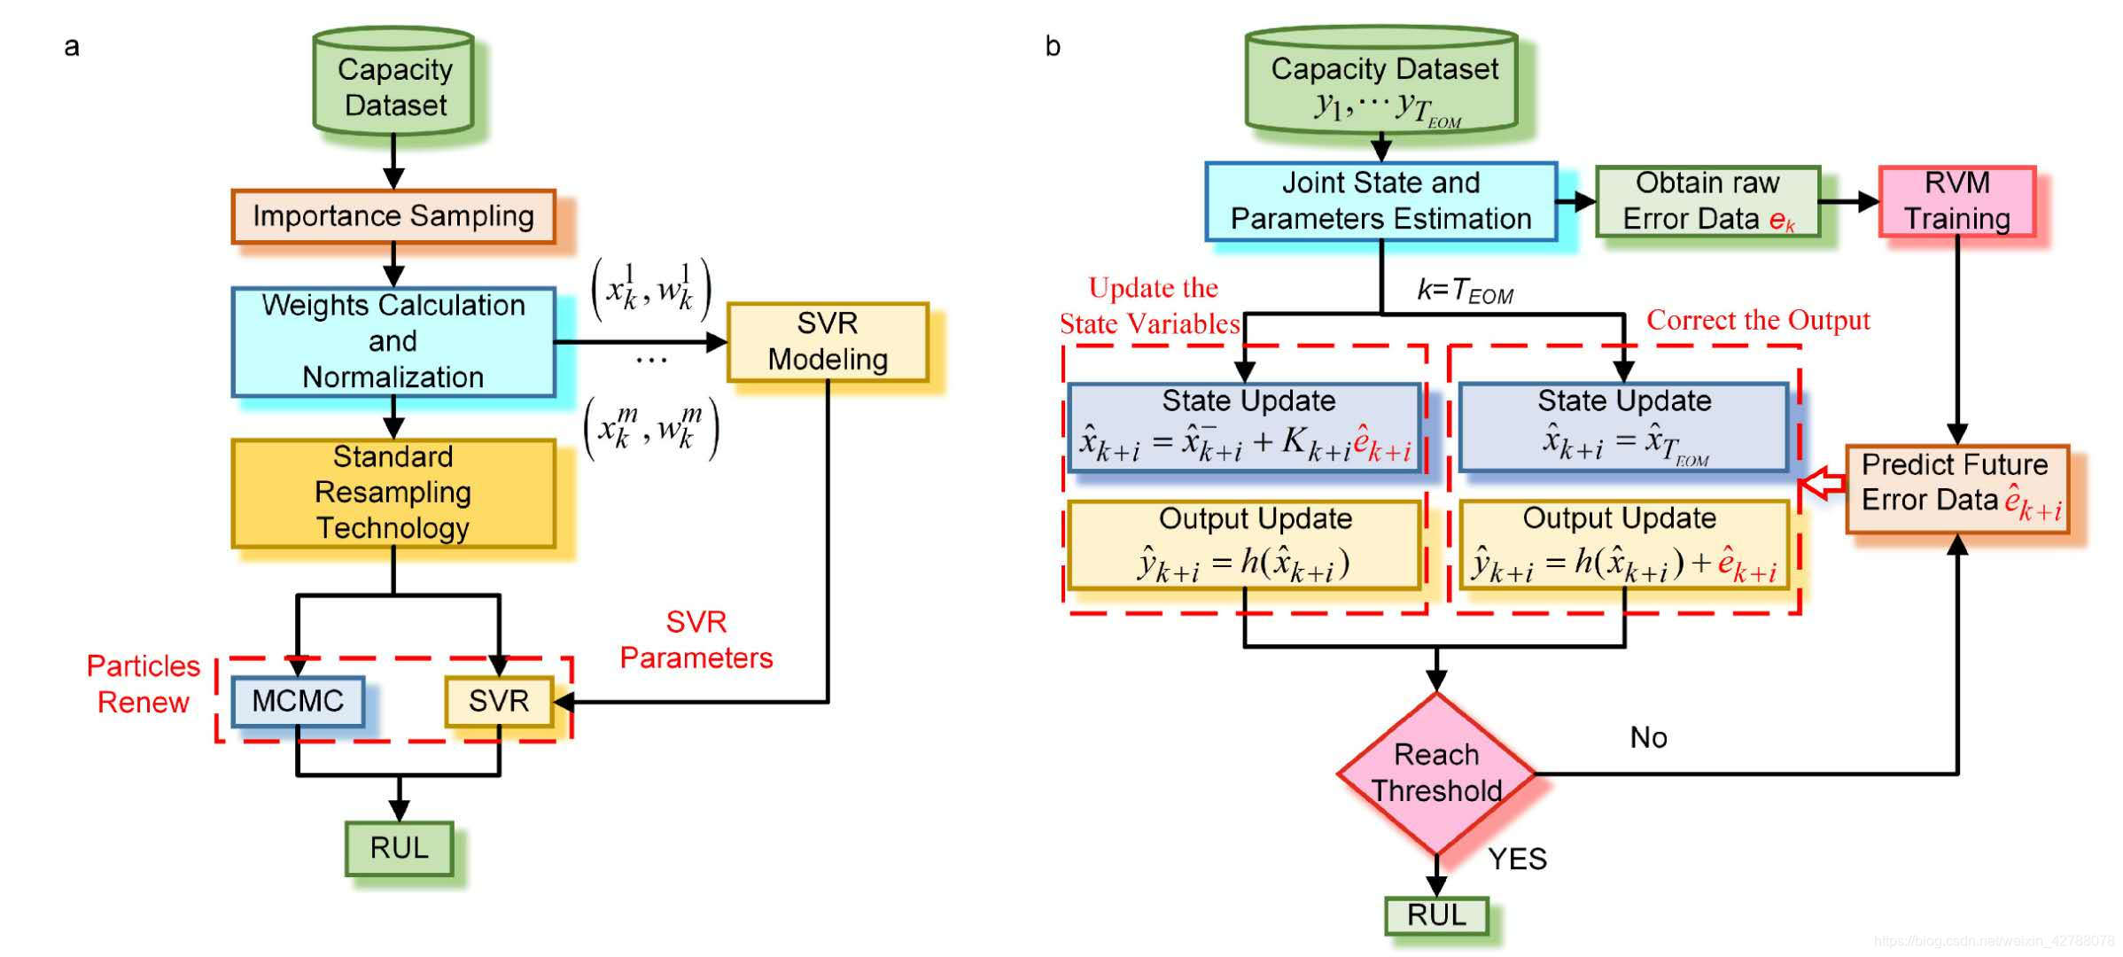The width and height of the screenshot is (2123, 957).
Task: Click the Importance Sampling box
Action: tap(393, 216)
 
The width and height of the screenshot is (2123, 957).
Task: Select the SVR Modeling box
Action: tap(828, 342)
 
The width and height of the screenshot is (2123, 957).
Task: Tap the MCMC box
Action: tap(298, 701)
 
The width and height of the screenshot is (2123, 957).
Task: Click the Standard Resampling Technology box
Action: tap(393, 493)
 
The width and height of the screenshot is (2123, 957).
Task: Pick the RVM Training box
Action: tap(1957, 201)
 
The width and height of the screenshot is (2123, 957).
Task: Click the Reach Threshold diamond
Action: tap(1436, 774)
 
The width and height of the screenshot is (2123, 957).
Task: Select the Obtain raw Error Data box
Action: tap(1707, 201)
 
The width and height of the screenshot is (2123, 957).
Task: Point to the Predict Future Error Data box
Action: tap(1957, 489)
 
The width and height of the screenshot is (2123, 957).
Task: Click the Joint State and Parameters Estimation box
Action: tap(1381, 201)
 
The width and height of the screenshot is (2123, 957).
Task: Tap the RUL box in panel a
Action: tap(400, 848)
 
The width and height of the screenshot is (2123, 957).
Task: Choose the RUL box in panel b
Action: tap(1436, 915)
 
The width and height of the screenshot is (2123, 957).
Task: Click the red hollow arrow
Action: tap(1822, 485)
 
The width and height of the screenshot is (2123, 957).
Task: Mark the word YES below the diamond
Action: tap(1517, 859)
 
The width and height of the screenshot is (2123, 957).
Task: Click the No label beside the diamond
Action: tap(1648, 737)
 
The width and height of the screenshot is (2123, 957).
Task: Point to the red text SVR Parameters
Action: tap(696, 640)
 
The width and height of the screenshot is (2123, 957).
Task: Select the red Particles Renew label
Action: tap(144, 684)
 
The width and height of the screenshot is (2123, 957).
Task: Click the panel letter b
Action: tap(1053, 45)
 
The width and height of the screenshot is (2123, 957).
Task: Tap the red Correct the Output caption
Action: tap(1758, 320)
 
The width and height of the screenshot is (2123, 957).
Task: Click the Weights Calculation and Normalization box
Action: tap(393, 342)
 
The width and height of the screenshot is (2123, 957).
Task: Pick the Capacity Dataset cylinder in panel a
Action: tap(393, 82)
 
